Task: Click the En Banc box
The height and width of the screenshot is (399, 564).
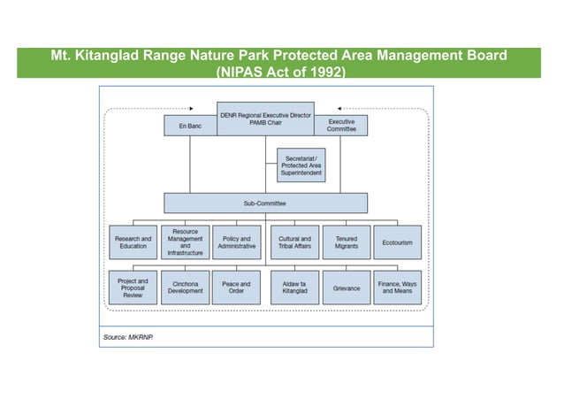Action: coord(189,127)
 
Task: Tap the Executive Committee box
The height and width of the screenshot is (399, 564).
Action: coord(340,126)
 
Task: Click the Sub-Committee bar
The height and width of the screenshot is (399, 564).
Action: coord(264,203)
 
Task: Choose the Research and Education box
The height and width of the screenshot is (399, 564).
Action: coord(133,242)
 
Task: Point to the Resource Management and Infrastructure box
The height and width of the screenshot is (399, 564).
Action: coord(185,242)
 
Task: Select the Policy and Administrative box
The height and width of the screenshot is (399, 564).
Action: coord(236,242)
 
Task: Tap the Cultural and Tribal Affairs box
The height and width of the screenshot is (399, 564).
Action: coord(294,242)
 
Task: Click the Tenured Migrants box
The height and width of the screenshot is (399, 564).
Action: coord(346,242)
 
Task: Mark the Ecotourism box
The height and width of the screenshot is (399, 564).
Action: coord(398,242)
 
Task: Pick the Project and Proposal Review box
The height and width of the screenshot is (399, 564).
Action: coord(133,288)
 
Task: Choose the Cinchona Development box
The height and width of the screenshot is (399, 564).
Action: coord(185,288)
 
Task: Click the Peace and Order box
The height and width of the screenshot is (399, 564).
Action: coord(236,288)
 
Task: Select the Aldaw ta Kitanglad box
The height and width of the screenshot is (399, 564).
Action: coord(294,288)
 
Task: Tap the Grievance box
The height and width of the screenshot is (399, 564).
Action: coord(346,288)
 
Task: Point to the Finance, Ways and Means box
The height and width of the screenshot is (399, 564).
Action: coord(398,288)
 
